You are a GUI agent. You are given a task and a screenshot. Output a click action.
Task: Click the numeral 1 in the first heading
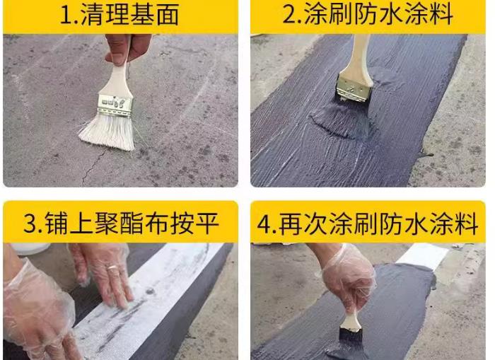[x=66, y=15]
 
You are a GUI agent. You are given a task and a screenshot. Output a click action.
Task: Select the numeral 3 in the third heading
[x=30, y=223]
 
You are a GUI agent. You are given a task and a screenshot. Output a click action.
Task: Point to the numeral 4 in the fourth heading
[x=264, y=223]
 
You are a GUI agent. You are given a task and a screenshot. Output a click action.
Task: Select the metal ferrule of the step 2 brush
[x=354, y=87]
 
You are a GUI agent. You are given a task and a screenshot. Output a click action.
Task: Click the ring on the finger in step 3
[x=112, y=268]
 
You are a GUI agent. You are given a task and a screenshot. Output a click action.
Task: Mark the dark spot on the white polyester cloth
[x=150, y=291]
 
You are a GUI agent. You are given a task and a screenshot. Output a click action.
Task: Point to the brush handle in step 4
[x=351, y=323]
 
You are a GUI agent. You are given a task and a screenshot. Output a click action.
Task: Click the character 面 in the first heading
[x=168, y=15]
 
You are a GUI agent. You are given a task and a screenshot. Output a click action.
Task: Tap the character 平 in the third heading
[x=206, y=223]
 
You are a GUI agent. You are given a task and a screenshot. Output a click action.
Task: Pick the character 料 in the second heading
[x=441, y=14]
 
